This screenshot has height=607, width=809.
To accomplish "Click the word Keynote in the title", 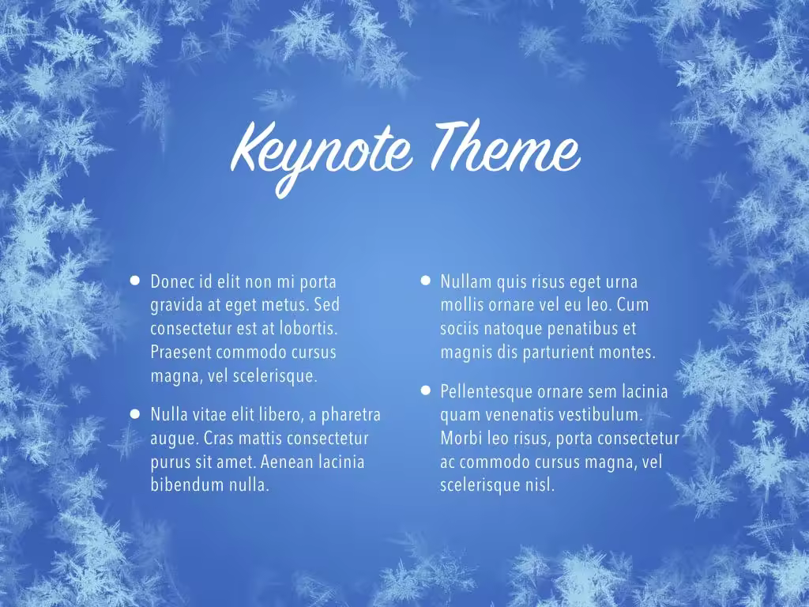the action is coord(321,155).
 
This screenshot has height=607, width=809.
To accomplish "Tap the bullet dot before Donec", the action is coord(134,281).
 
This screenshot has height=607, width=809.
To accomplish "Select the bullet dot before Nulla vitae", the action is coord(134,413).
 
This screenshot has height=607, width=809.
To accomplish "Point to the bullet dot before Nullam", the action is coord(425,281).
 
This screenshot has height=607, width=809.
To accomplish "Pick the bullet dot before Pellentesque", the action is coord(425,390).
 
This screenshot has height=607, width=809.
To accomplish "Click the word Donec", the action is coord(172,282).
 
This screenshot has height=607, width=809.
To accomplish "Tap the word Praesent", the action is coord(181,353).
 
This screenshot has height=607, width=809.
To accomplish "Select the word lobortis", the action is coord(309,329).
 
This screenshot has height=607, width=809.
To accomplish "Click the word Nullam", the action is coord(466,282).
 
